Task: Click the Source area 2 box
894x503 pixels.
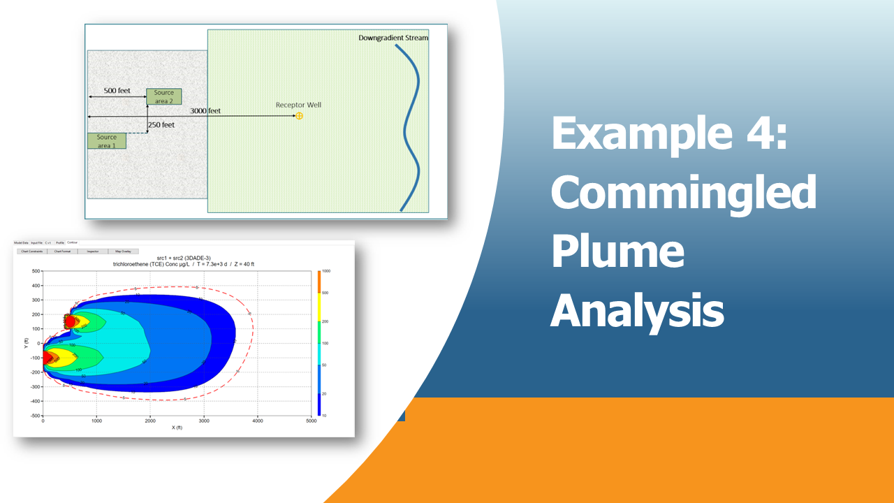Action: pyautogui.click(x=164, y=96)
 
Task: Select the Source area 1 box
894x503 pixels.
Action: pyautogui.click(x=106, y=141)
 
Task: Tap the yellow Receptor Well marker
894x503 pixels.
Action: pyautogui.click(x=299, y=115)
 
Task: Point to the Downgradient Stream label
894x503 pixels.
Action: pyautogui.click(x=393, y=38)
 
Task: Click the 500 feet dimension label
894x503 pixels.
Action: pyautogui.click(x=117, y=91)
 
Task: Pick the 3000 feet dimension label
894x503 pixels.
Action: pyautogui.click(x=205, y=110)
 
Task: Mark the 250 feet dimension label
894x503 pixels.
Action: pyautogui.click(x=161, y=125)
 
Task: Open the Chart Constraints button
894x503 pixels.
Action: pyautogui.click(x=32, y=251)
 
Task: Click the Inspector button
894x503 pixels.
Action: pyautogui.click(x=93, y=251)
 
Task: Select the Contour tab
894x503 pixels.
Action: pyautogui.click(x=73, y=242)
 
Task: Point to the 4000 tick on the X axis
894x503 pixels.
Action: pyautogui.click(x=258, y=421)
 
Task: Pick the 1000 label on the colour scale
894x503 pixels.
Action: pyautogui.click(x=326, y=270)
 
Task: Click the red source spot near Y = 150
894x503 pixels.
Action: pyautogui.click(x=70, y=321)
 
